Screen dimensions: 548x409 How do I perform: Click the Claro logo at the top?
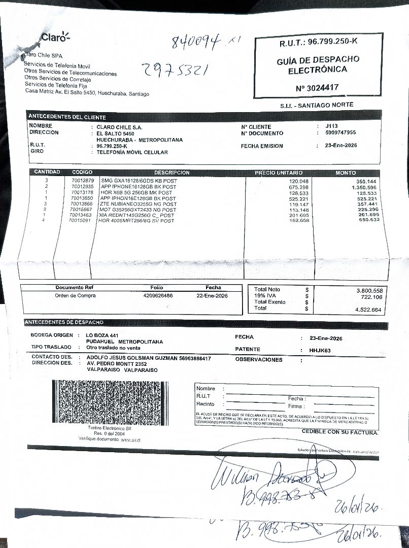54,37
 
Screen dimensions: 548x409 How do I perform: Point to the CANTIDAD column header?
47,173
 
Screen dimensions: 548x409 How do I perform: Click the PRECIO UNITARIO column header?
279,173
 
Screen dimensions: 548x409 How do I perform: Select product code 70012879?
83,181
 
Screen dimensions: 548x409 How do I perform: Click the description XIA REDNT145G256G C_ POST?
137,215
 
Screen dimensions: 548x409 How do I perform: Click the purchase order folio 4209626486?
158,295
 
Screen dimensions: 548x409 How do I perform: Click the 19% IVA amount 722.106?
371,297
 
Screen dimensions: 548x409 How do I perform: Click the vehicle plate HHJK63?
320,350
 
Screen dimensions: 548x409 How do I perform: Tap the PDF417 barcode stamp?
110,402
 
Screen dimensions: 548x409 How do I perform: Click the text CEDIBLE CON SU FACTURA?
340,432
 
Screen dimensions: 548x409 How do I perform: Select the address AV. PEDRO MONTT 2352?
117,364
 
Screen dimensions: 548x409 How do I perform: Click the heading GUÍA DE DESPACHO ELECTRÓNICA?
318,64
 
